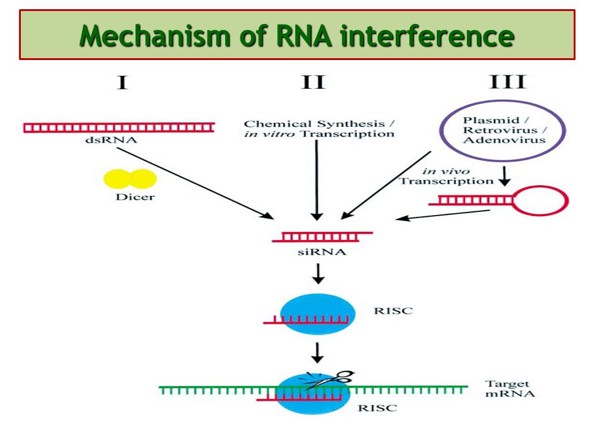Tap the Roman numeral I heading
[122, 82]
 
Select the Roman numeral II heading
[313, 81]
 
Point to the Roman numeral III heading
[507, 81]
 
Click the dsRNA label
[111, 140]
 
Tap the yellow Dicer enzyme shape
[130, 179]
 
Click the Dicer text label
[135, 197]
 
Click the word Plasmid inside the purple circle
[491, 121]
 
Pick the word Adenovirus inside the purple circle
[504, 140]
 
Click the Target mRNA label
[509, 388]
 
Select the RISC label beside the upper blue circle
[393, 311]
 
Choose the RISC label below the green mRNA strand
[377, 408]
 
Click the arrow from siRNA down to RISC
[318, 274]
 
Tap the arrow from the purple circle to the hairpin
[504, 176]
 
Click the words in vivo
[446, 171]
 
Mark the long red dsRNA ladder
[119, 128]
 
